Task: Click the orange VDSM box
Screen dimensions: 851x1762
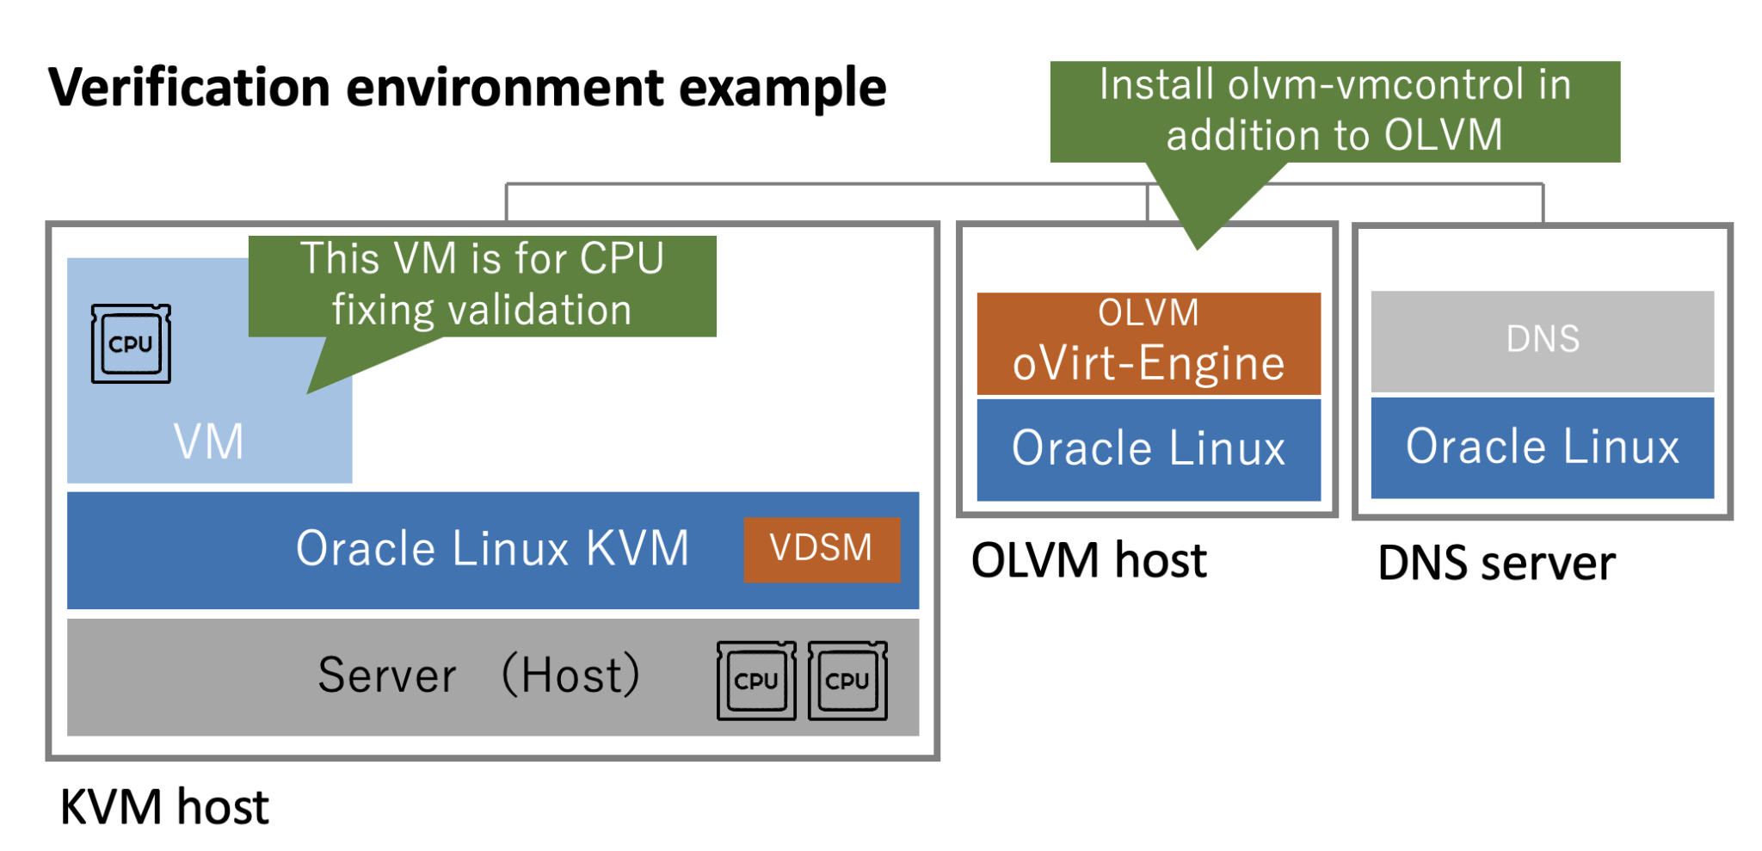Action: click(821, 549)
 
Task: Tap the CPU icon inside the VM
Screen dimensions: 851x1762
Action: click(131, 343)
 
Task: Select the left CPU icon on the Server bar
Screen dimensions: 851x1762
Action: click(756, 680)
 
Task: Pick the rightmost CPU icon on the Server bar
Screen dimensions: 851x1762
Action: click(847, 680)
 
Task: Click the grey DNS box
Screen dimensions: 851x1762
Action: click(1542, 340)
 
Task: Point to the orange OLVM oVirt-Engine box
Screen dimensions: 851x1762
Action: click(1148, 343)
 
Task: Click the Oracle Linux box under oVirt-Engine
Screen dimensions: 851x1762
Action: click(1148, 448)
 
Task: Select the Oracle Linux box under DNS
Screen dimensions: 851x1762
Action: click(1542, 447)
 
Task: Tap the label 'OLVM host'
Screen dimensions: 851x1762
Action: click(1088, 560)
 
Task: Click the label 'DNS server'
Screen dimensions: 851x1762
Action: click(1496, 564)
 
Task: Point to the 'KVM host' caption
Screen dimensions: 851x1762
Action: click(163, 807)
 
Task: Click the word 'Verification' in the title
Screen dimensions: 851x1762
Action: click(188, 88)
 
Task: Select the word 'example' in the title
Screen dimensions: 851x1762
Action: click(782, 88)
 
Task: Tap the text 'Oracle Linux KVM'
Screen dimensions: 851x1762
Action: click(492, 548)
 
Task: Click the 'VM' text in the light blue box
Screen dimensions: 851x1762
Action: click(208, 441)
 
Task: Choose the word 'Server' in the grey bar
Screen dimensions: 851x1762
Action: click(387, 675)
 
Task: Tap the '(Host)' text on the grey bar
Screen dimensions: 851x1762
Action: click(570, 675)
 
